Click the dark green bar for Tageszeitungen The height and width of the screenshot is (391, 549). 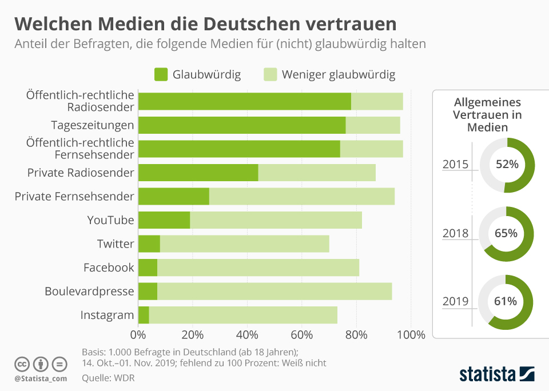click(x=241, y=125)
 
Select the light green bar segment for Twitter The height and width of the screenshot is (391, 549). click(x=244, y=244)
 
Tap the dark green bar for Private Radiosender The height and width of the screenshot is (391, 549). click(x=198, y=173)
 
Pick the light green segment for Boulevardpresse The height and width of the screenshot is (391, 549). click(x=274, y=292)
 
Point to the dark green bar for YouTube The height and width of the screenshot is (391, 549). click(x=164, y=220)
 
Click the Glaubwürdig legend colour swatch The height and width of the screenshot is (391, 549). click(x=161, y=74)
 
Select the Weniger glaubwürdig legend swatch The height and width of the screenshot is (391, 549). click(x=270, y=74)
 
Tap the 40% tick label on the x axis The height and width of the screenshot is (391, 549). click(x=248, y=335)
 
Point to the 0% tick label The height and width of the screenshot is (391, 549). click(x=138, y=335)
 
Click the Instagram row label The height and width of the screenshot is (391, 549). click(x=107, y=315)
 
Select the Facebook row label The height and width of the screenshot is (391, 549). click(x=109, y=268)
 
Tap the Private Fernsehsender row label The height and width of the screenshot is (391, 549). click(x=74, y=197)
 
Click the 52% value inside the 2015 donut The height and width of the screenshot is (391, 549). click(x=507, y=165)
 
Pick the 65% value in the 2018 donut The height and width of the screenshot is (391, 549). click(x=507, y=233)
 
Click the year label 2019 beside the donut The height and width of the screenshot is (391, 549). click(x=456, y=301)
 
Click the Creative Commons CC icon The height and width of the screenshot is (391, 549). click(x=22, y=364)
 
